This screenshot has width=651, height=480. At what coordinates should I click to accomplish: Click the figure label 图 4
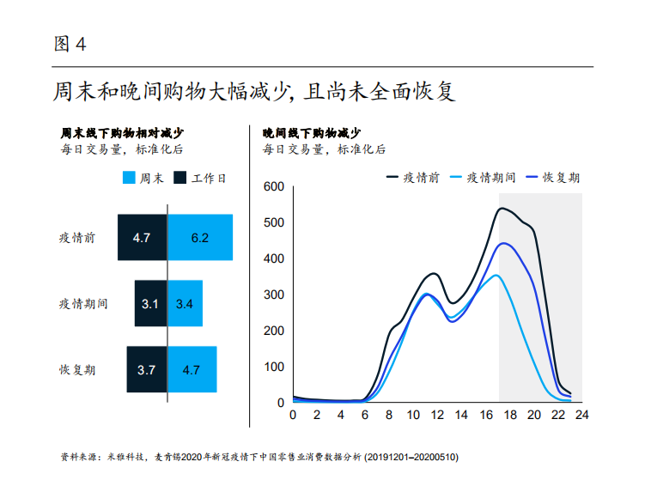click(70, 44)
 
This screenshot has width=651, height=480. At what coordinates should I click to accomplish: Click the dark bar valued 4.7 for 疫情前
click(143, 237)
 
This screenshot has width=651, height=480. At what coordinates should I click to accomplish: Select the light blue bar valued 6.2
click(200, 237)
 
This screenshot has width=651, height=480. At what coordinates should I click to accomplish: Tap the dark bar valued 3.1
click(150, 303)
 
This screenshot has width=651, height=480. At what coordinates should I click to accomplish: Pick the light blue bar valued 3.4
click(185, 303)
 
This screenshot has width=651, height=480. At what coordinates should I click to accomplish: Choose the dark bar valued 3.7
click(146, 370)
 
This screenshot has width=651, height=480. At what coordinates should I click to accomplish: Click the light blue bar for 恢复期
click(192, 370)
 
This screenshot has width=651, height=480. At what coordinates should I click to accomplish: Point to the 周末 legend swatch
click(129, 179)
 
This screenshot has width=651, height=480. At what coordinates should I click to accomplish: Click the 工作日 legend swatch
click(180, 179)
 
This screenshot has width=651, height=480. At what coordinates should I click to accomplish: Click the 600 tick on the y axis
click(274, 187)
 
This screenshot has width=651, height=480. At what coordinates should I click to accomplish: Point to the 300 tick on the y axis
click(274, 295)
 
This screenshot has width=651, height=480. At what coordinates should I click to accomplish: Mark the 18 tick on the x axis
click(508, 415)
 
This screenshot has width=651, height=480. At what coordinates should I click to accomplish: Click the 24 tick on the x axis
click(581, 415)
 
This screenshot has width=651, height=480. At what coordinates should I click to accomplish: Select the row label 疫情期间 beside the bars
click(83, 304)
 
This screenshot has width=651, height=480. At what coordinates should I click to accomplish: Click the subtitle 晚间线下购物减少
click(311, 133)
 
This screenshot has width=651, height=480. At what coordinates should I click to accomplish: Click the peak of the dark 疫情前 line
click(502, 208)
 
